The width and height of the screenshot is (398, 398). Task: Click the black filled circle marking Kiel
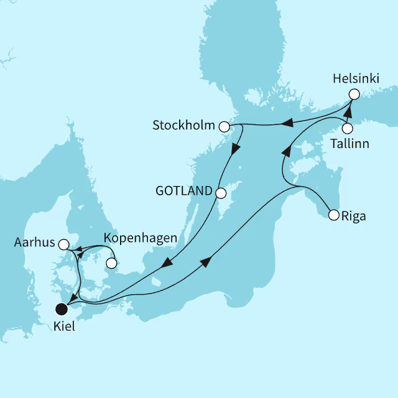(x=62, y=308)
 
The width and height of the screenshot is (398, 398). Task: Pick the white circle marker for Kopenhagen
(x=112, y=263)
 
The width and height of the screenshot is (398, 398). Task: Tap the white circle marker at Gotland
(x=220, y=193)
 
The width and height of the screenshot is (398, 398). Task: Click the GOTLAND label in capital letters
(x=183, y=192)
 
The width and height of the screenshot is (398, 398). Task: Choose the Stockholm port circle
(x=224, y=126)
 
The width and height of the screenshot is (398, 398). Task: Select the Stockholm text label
(x=183, y=126)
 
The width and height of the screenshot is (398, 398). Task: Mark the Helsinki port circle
(x=354, y=95)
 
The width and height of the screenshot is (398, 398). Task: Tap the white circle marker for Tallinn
(x=348, y=129)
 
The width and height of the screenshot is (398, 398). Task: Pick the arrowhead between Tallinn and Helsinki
(x=349, y=113)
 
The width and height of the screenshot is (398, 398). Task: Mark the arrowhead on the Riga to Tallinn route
(x=286, y=151)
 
